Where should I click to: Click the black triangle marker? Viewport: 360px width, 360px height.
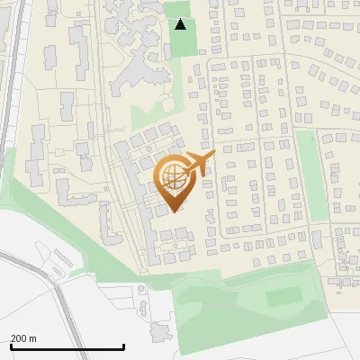181,24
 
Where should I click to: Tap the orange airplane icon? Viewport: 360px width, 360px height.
200,164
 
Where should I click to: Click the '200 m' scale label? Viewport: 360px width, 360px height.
23,338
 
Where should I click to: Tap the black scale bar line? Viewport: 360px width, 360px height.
67,346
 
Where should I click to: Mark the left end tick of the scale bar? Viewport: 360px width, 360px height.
11,345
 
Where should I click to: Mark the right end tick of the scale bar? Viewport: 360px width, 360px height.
123,345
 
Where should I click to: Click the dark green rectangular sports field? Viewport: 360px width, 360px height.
284,296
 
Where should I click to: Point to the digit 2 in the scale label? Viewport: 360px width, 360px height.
13,338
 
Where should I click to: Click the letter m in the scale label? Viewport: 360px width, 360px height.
33,338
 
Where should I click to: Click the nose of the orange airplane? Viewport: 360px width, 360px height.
214,156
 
